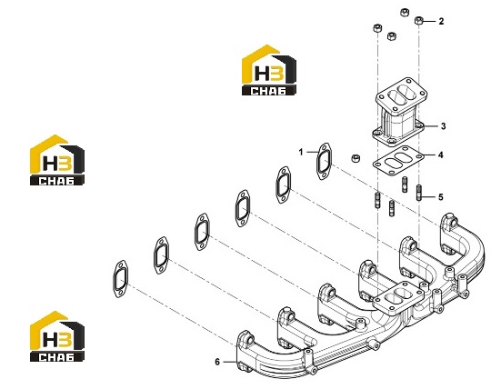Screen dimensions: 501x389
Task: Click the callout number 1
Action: pyautogui.click(x=301, y=152)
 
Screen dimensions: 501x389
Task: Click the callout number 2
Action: pyautogui.click(x=441, y=22)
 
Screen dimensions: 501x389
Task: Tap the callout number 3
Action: pyautogui.click(x=443, y=126)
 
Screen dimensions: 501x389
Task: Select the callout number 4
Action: pyautogui.click(x=441, y=155)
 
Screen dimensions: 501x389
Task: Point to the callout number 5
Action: pyautogui.click(x=441, y=197)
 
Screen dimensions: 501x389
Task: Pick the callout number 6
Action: pyautogui.click(x=217, y=362)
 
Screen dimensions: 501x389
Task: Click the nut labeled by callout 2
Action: pyautogui.click(x=419, y=21)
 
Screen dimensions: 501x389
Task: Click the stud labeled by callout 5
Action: pyautogui.click(x=419, y=193)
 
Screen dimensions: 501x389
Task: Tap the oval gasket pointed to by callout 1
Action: pyautogui.click(x=324, y=161)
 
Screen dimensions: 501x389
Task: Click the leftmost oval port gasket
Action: pyautogui.click(x=120, y=279)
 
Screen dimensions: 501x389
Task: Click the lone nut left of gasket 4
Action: pyautogui.click(x=356, y=158)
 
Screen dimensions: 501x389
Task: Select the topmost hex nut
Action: pyautogui.click(x=405, y=12)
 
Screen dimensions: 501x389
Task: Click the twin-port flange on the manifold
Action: pyautogui.click(x=399, y=298)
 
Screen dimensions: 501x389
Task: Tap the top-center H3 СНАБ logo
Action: pyautogui.click(x=269, y=70)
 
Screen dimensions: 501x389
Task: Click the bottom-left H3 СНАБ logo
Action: pyautogui.click(x=57, y=336)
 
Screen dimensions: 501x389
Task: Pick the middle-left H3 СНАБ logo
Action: pyautogui.click(x=57, y=160)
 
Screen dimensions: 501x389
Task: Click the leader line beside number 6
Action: pyautogui.click(x=229, y=362)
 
